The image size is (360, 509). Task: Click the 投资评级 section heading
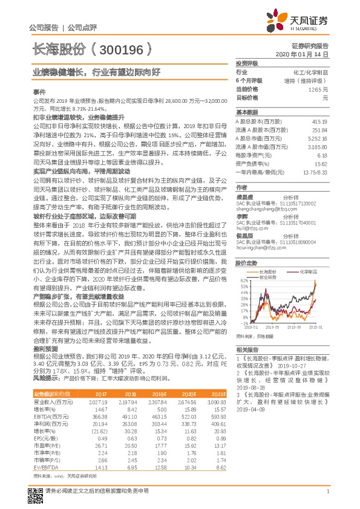[247, 63]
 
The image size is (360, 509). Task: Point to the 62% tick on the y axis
[243, 281]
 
